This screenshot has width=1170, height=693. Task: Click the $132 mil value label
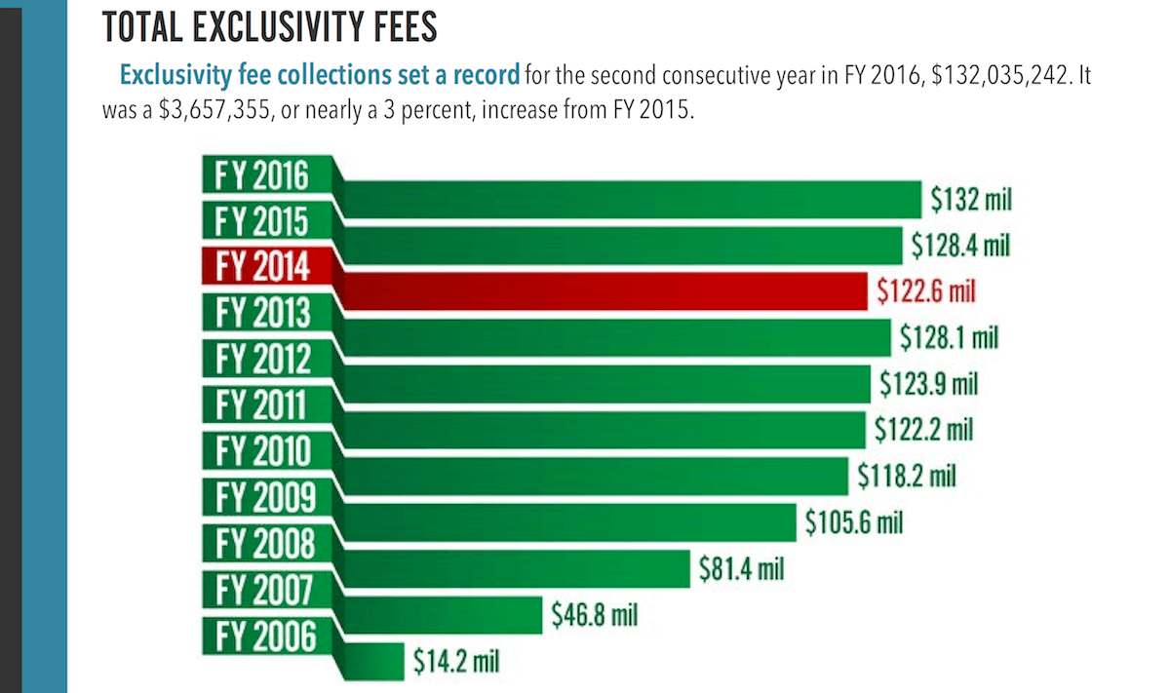pos(970,201)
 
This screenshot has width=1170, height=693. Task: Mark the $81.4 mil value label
pos(742,568)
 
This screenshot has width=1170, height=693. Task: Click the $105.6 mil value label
pos(854,522)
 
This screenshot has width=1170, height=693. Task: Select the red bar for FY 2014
pos(604,291)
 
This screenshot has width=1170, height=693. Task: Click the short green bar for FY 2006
pos(375,660)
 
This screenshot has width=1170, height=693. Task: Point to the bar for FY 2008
pos(517,568)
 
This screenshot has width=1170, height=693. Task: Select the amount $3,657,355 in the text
pos(213,109)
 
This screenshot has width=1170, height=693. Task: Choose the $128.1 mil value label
pos(951,337)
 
